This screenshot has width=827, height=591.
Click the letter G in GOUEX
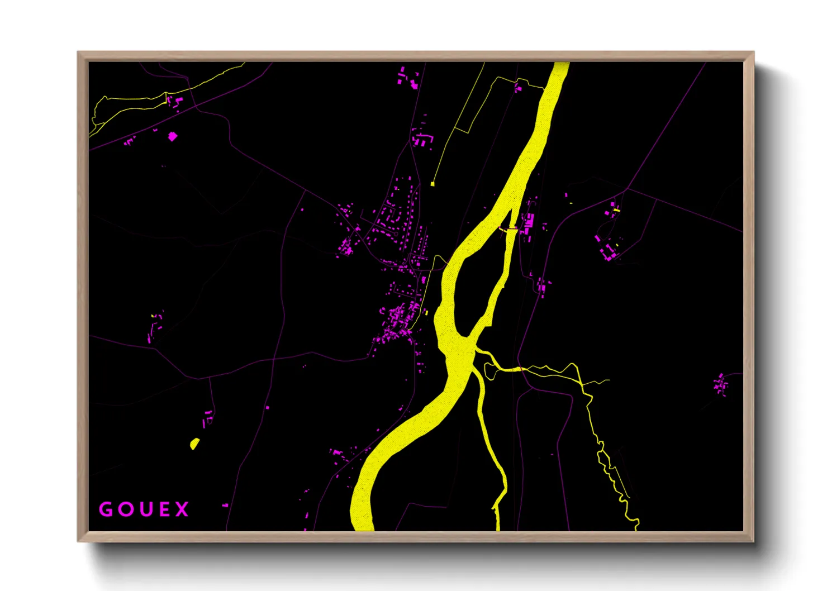[x=106, y=509]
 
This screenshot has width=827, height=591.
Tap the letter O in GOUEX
[x=125, y=509]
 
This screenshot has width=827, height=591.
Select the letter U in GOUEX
[x=144, y=509]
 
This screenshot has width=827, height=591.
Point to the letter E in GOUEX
[x=163, y=509]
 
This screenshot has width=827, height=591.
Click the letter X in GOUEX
[x=182, y=509]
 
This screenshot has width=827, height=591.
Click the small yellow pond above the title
[x=194, y=444]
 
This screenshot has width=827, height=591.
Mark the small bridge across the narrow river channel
[x=508, y=228]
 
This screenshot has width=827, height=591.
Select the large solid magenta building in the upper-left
[x=173, y=136]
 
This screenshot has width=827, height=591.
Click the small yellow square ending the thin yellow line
[x=432, y=184]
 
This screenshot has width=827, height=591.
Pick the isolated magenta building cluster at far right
[x=720, y=384]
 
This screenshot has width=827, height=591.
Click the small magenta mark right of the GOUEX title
[x=225, y=505]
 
